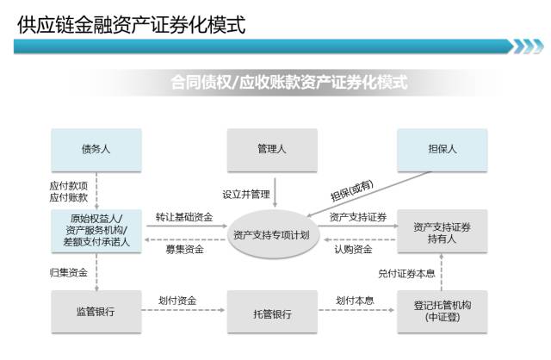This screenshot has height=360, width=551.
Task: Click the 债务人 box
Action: click(x=96, y=149)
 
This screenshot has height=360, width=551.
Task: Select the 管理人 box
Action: click(x=271, y=149)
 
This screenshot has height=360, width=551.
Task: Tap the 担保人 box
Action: click(x=443, y=149)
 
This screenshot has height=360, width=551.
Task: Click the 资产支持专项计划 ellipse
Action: click(x=271, y=233)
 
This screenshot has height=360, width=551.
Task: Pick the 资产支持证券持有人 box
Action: click(x=443, y=233)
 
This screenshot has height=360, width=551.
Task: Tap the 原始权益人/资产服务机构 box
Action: click(x=96, y=230)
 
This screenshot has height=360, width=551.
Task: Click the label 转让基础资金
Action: click(x=184, y=215)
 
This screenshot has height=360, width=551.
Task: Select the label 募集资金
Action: click(x=184, y=250)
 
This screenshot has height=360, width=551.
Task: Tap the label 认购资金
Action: click(x=353, y=250)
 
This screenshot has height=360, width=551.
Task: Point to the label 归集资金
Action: click(x=68, y=272)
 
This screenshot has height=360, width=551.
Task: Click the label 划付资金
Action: click(x=177, y=301)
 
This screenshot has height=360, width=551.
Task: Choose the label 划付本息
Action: click(x=355, y=301)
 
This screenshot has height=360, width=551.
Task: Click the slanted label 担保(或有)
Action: click(x=352, y=189)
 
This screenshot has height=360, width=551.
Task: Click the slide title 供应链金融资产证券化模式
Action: click(x=131, y=25)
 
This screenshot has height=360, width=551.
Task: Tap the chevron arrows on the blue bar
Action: click(x=528, y=46)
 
